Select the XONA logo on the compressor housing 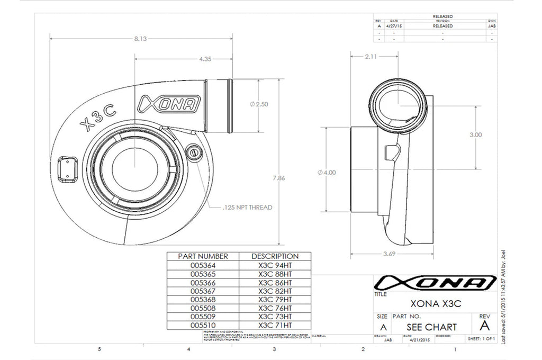point(169,105)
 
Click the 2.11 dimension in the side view point(370,57)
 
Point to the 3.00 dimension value point(475,134)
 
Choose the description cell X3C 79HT point(275,299)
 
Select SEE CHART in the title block point(431,327)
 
